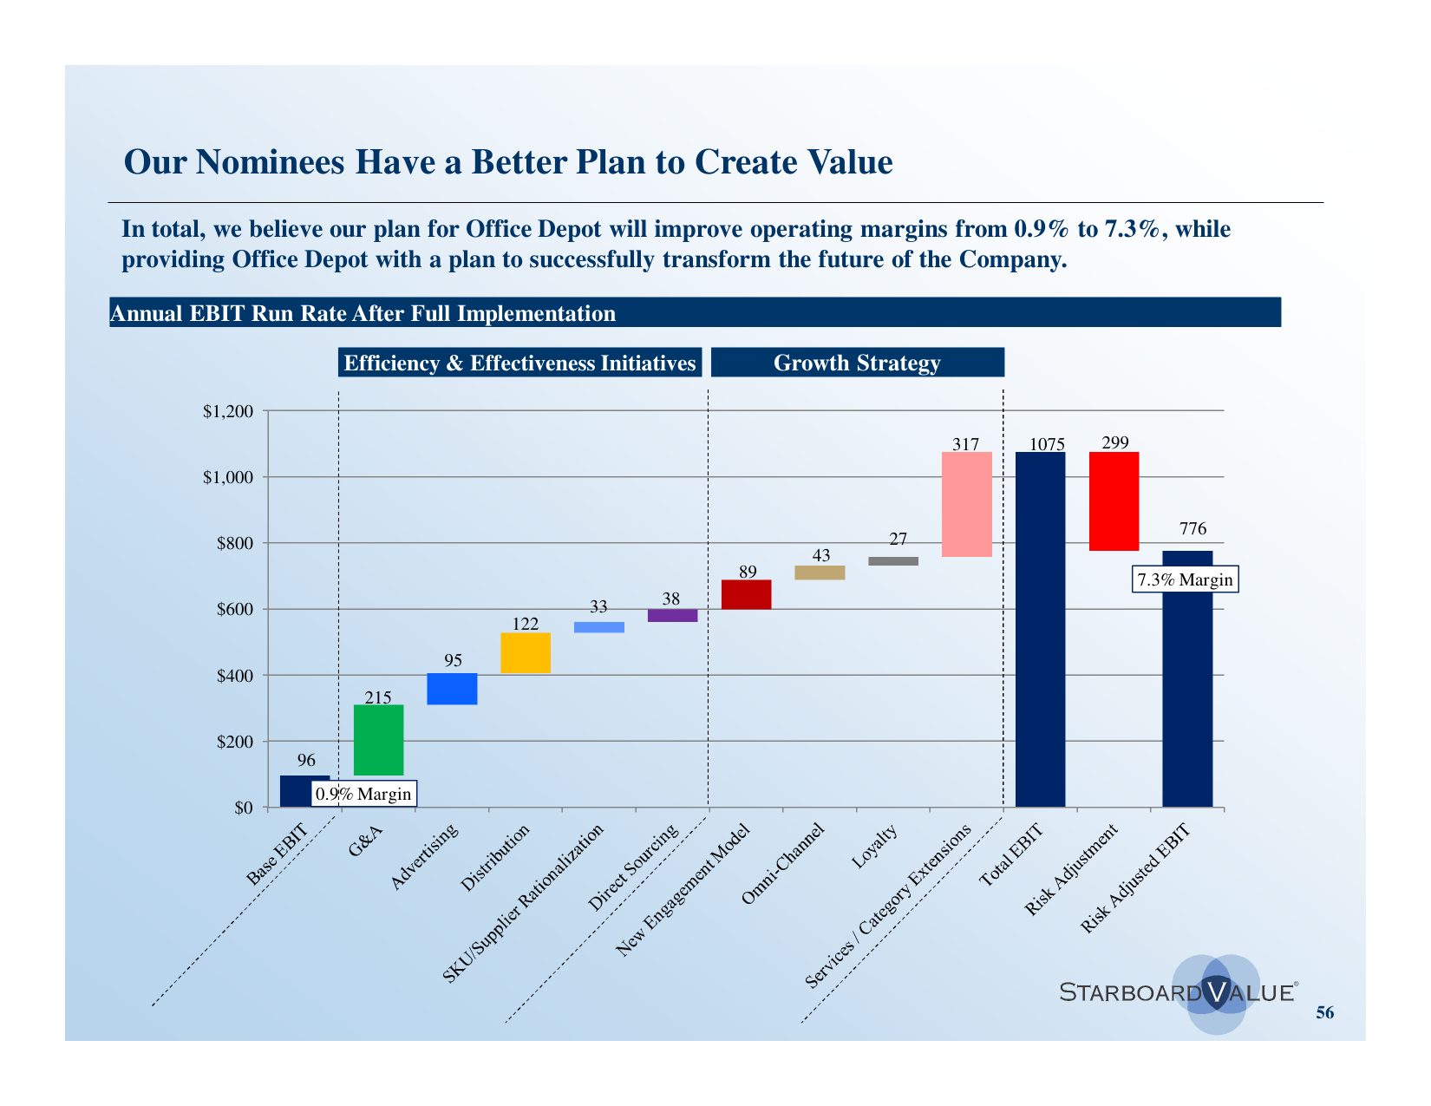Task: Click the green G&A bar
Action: point(378,739)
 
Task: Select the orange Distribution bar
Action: point(525,652)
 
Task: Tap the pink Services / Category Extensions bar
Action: point(966,504)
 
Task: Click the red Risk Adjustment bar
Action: point(1114,501)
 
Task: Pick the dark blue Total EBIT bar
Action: point(1040,629)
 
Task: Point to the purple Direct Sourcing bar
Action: point(672,615)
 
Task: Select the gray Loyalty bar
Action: point(892,560)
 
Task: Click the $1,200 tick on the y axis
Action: point(228,411)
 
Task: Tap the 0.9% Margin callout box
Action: point(363,794)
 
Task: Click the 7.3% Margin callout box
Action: point(1185,579)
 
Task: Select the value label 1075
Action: point(1047,444)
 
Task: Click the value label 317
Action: point(965,444)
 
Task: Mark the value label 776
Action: point(1192,528)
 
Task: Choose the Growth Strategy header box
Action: point(857,363)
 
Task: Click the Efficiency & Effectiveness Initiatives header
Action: point(519,363)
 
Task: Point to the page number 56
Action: point(1324,1012)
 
